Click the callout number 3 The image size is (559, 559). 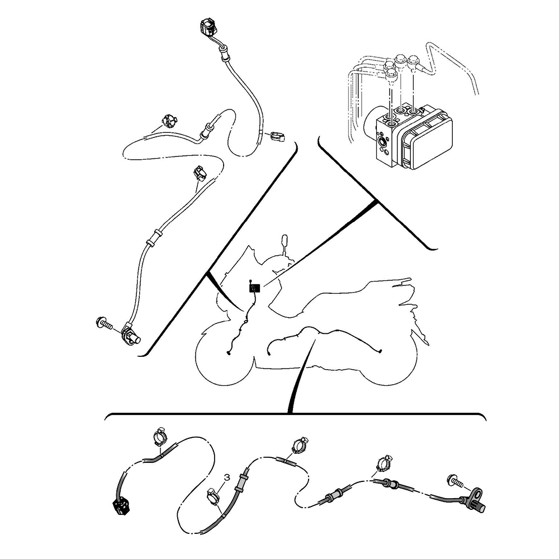click(226, 477)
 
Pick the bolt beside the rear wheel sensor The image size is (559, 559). click(455, 481)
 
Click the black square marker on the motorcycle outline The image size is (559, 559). click(254, 288)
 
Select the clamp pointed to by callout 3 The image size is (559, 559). click(214, 497)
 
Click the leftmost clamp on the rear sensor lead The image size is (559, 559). click(159, 437)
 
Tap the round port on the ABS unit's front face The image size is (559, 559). click(383, 143)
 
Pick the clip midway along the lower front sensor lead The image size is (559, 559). click(200, 173)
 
